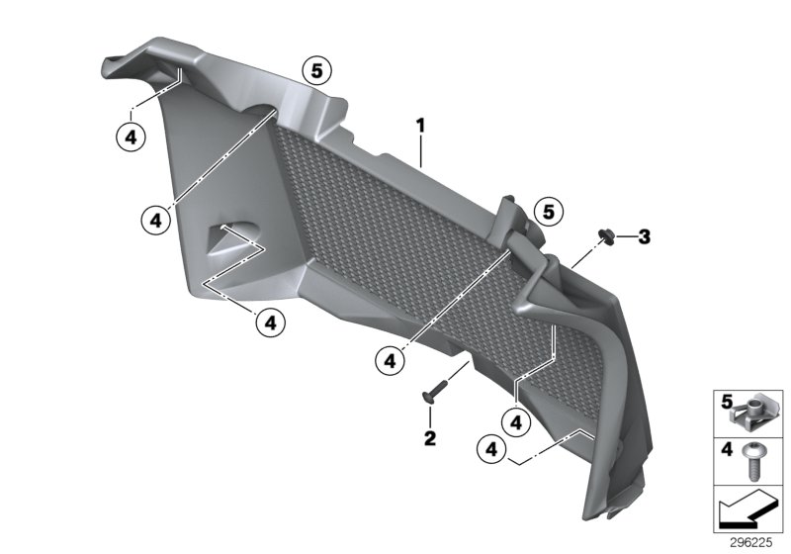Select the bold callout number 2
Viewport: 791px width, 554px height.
pyautogui.click(x=430, y=436)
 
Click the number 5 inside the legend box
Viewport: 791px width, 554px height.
pyautogui.click(x=726, y=402)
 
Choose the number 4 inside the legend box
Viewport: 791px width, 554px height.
pyautogui.click(x=726, y=449)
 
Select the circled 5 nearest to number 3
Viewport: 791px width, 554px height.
pyautogui.click(x=547, y=210)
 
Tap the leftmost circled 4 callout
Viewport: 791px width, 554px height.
pyautogui.click(x=131, y=137)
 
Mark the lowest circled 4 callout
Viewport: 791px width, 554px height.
pyautogui.click(x=488, y=449)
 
